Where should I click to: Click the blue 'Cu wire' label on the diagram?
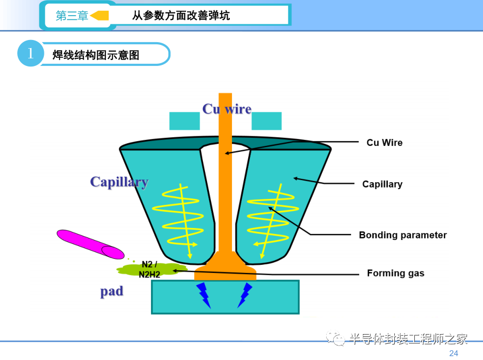227,109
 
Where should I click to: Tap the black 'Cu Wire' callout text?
385,143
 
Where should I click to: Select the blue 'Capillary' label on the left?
119,182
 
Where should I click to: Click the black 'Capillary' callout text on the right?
382,184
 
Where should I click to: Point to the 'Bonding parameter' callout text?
402,235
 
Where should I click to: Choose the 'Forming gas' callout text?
395,273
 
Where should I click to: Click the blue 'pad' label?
112,291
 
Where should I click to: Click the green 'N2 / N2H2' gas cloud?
150,269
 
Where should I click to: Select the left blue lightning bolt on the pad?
203,294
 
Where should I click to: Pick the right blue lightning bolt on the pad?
244,294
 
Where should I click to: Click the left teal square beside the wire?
184,121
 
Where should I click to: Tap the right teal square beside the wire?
267,121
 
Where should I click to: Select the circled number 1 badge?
30,54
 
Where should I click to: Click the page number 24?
453,353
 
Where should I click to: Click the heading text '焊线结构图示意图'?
96,55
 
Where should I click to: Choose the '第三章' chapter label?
72,16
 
